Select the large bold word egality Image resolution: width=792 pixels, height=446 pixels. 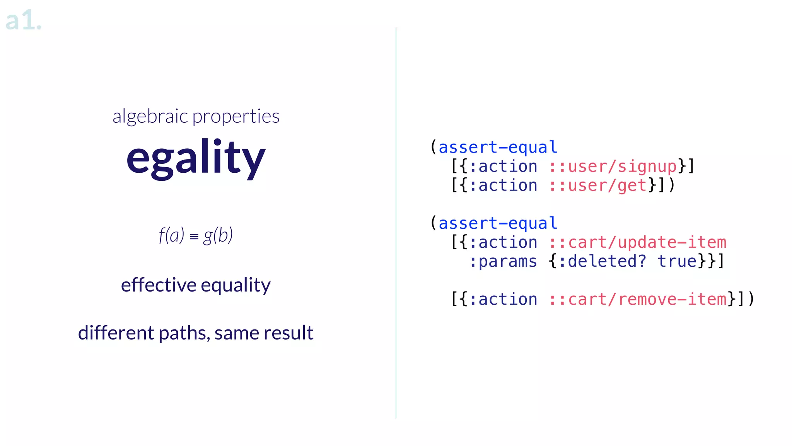click(196, 158)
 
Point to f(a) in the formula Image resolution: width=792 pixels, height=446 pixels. click(171, 235)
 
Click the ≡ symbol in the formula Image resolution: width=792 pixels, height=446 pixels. click(194, 236)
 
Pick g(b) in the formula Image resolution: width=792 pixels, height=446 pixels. click(218, 235)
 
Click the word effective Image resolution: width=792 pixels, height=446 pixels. click(159, 285)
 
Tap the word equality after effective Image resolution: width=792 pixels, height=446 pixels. click(236, 286)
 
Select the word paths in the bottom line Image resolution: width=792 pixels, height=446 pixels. click(183, 333)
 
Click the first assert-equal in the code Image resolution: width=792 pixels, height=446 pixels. click(498, 148)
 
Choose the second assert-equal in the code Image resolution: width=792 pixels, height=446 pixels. click(498, 223)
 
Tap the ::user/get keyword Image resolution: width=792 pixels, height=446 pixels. click(597, 185)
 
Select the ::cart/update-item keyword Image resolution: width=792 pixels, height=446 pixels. click(637, 242)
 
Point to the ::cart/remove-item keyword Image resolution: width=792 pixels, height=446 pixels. click(637, 299)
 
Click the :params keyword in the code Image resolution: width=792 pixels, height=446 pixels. click(503, 261)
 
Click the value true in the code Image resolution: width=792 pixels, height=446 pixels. click(677, 261)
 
